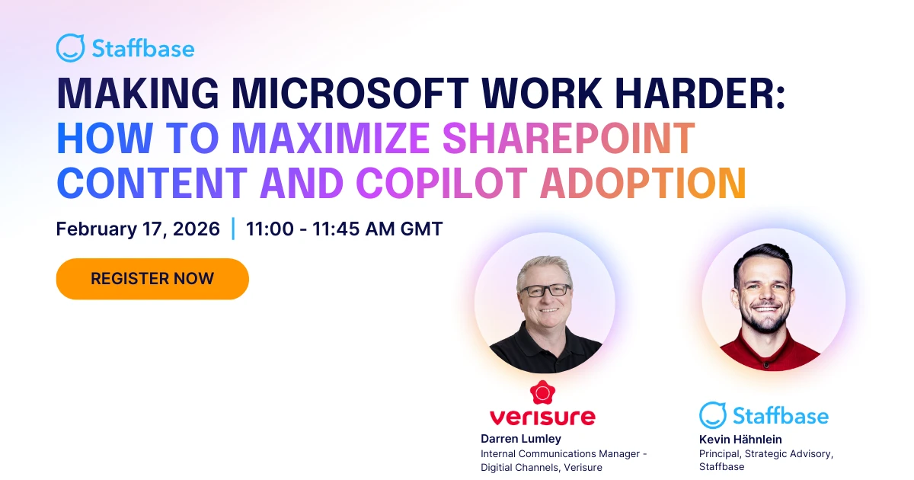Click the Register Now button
152,279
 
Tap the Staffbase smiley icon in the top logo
70,48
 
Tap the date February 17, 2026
138,229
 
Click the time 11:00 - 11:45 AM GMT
344,229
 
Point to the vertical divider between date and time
233,229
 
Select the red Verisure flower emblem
542,393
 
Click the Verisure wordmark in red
542,417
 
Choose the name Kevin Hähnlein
740,439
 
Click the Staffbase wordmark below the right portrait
780,415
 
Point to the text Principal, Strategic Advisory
765,453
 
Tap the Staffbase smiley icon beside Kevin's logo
713,415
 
